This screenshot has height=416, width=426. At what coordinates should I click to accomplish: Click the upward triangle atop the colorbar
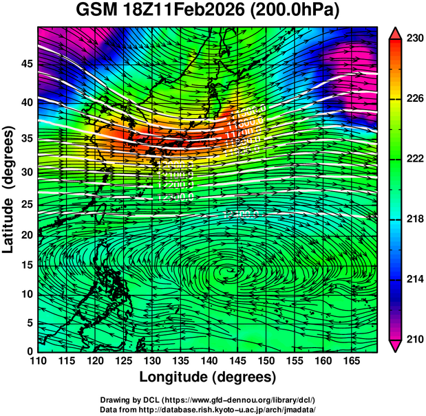click(396, 33)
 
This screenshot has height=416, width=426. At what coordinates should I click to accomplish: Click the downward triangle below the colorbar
click(396, 346)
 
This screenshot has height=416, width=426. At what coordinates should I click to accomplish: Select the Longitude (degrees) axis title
click(208, 377)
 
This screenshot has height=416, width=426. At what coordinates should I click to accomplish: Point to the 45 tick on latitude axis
click(27, 64)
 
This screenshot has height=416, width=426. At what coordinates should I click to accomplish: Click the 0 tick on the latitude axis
click(30, 351)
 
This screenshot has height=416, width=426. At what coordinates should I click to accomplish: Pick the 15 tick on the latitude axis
click(27, 265)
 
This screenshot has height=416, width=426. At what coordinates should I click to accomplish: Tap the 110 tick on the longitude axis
click(39, 360)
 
